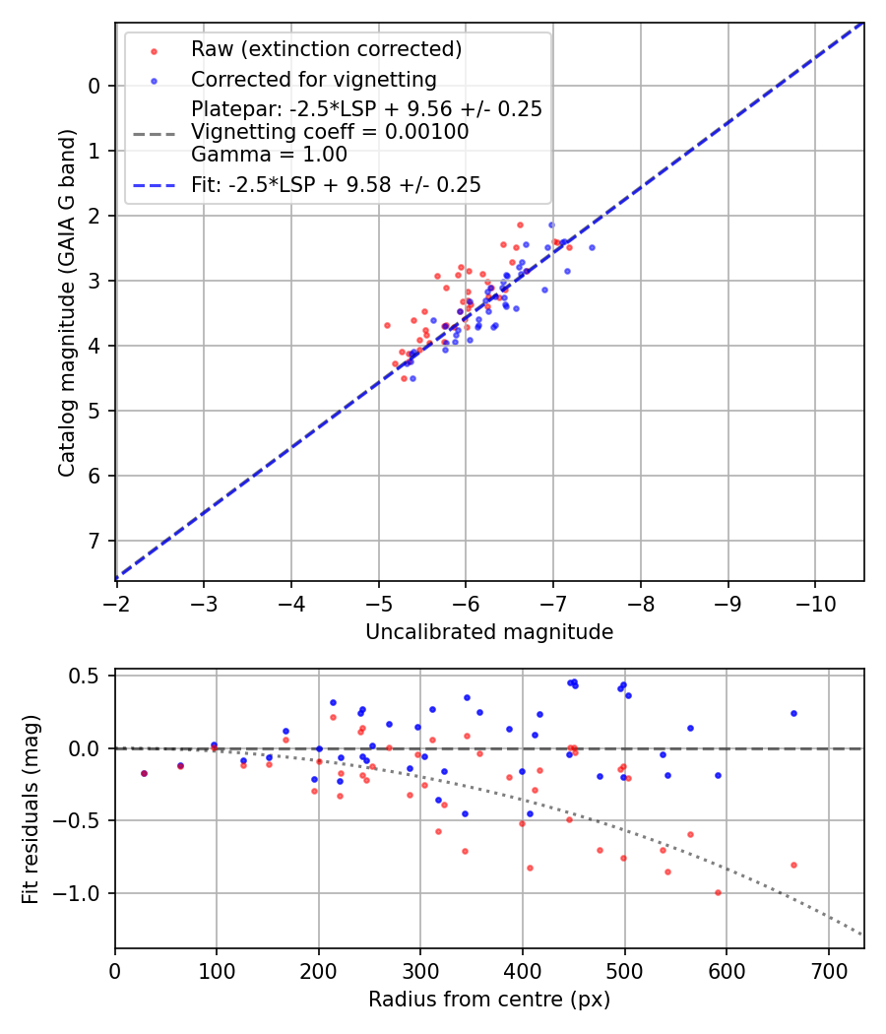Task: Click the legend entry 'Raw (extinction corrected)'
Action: [x=326, y=49]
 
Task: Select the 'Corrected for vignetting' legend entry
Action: [x=313, y=79]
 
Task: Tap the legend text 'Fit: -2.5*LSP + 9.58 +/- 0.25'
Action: [x=336, y=185]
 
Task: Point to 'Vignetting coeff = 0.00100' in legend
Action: [x=330, y=132]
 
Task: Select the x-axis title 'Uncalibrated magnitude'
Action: [x=489, y=632]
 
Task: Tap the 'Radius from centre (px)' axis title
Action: [x=489, y=1000]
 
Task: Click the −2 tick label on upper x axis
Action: [x=116, y=601]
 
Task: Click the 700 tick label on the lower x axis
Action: [x=828, y=970]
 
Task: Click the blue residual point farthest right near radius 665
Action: [x=793, y=713]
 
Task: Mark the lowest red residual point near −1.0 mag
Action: [x=718, y=892]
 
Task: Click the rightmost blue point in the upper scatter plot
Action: [x=592, y=247]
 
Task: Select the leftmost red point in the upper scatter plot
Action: [x=387, y=325]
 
